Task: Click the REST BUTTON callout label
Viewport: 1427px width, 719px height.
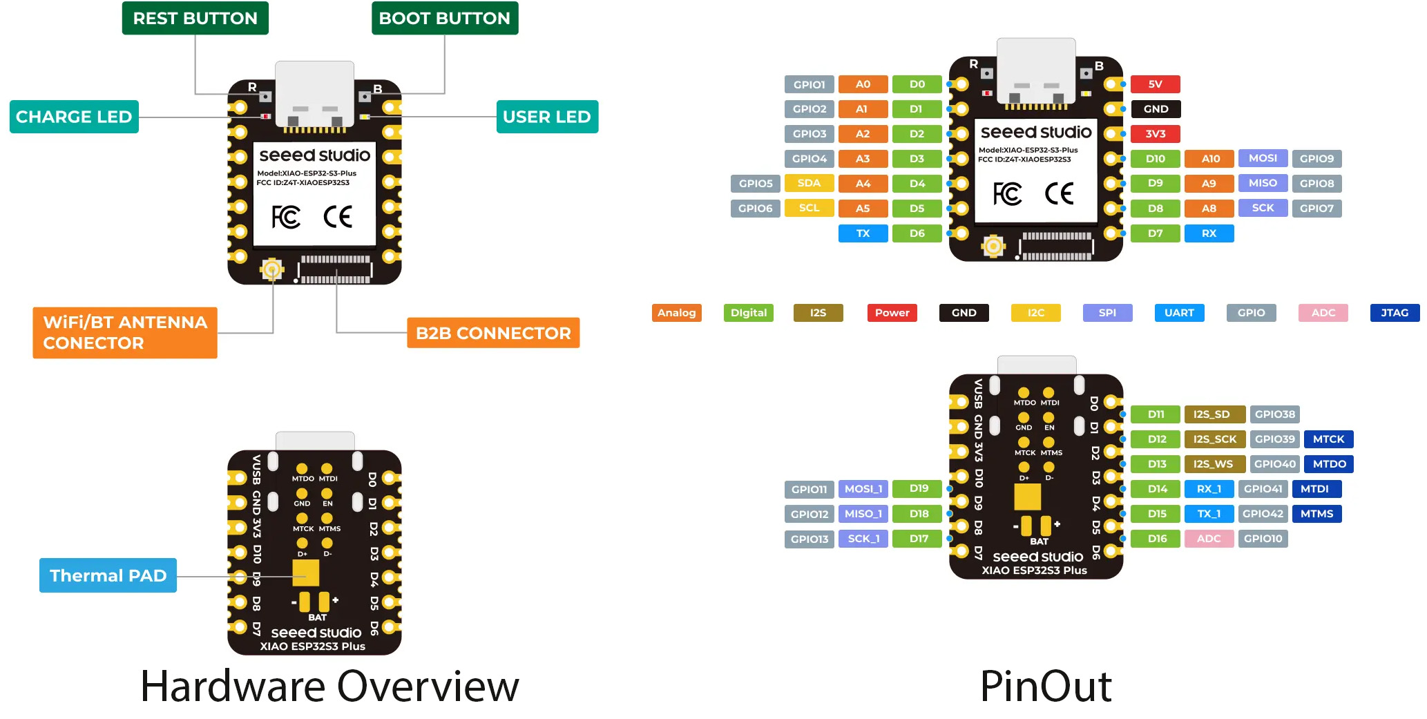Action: (x=195, y=19)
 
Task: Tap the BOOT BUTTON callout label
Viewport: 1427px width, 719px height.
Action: (x=444, y=19)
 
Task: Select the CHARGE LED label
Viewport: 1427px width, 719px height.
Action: (x=74, y=117)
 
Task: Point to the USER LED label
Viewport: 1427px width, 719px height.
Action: (x=546, y=117)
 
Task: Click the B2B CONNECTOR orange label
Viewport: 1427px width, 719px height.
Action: (x=493, y=333)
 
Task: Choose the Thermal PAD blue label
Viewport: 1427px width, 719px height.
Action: (x=108, y=575)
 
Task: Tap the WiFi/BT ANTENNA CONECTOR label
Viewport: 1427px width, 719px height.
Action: (x=125, y=332)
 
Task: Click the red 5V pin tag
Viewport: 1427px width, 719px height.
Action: (x=1155, y=84)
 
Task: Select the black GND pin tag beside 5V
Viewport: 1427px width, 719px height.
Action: (x=1155, y=109)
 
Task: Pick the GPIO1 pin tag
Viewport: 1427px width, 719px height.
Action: (x=809, y=84)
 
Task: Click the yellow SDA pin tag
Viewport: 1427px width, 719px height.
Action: (x=809, y=183)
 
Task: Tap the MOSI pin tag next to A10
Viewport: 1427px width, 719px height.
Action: (x=1263, y=158)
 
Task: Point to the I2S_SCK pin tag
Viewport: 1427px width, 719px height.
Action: (x=1214, y=439)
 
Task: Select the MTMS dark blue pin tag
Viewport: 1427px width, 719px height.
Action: (x=1316, y=514)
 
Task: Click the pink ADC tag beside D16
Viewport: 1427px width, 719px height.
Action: (x=1209, y=539)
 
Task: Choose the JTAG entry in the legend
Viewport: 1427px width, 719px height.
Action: (x=1395, y=313)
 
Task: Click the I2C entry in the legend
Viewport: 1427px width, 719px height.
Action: (x=1035, y=313)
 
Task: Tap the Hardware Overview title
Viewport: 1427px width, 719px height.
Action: (x=329, y=687)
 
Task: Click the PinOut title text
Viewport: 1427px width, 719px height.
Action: (x=1045, y=687)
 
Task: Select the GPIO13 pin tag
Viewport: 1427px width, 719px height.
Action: (x=809, y=539)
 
